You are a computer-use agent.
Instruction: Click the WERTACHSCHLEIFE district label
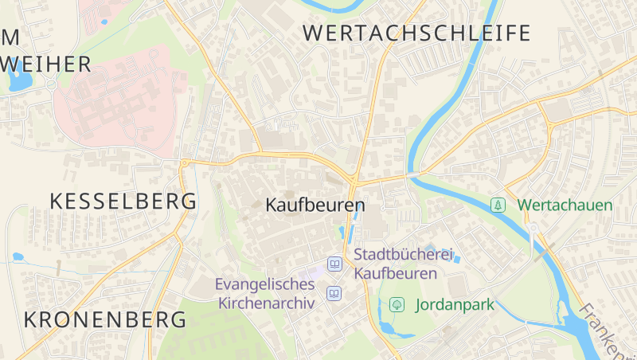416,33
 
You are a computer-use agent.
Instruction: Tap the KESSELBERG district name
123,202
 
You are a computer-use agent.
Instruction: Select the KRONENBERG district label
105,320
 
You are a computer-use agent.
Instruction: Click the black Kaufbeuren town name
315,205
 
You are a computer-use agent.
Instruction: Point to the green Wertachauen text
565,205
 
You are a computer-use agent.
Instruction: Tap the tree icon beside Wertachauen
498,205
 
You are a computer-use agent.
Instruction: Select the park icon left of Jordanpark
396,304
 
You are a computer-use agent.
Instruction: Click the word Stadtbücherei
403,255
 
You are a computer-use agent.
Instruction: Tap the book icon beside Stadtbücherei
334,264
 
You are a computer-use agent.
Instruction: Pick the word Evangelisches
265,284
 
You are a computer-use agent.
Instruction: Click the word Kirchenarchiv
266,303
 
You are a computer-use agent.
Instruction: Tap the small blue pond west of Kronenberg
18,257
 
